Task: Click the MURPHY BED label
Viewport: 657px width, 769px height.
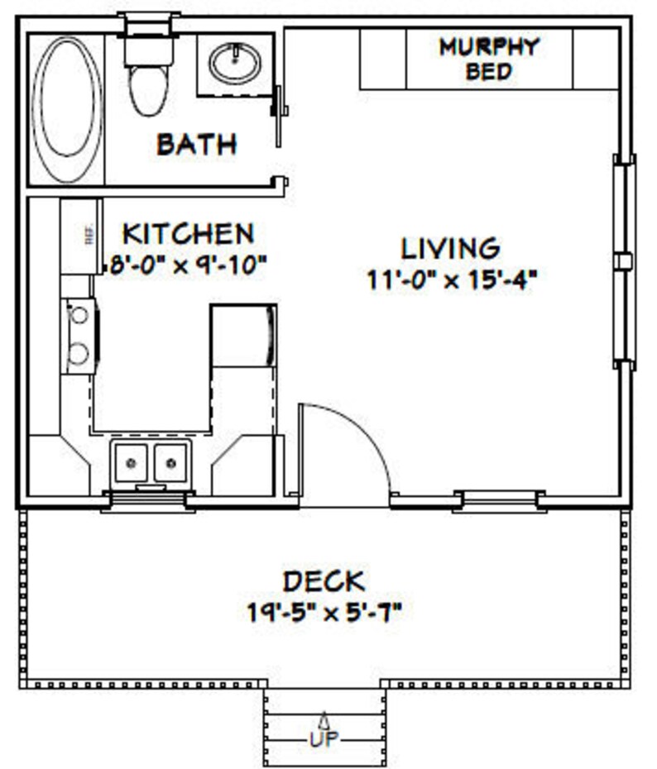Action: pyautogui.click(x=488, y=58)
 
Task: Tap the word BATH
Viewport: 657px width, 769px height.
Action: pyautogui.click(x=197, y=145)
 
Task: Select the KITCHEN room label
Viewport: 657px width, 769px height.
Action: pyautogui.click(x=188, y=233)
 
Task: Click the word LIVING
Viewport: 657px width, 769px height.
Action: pyautogui.click(x=450, y=248)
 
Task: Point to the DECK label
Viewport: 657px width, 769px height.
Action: pyautogui.click(x=324, y=581)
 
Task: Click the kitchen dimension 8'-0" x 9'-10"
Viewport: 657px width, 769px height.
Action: pyautogui.click(x=188, y=265)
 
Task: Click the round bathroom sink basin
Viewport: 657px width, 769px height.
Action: pyautogui.click(x=235, y=63)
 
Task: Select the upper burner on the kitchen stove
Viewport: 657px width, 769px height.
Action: pyautogui.click(x=79, y=315)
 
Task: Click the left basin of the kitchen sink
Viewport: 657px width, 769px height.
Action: pyautogui.click(x=131, y=461)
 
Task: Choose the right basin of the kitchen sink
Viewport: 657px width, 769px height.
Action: pyautogui.click(x=171, y=461)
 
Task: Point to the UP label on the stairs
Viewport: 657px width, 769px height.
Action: pyautogui.click(x=324, y=738)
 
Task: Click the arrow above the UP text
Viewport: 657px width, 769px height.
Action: pyautogui.click(x=324, y=719)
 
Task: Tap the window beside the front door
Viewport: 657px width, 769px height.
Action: pyautogui.click(x=499, y=499)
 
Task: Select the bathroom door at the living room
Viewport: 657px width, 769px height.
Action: pyautogui.click(x=280, y=116)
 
